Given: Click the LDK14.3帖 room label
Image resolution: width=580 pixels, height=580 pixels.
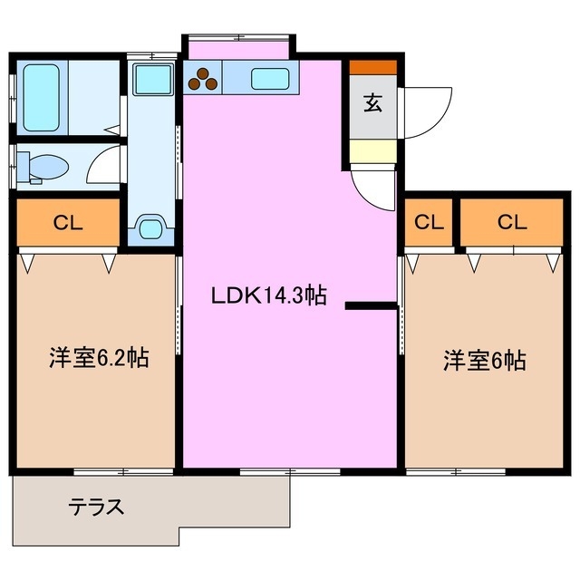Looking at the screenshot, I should [x=268, y=295].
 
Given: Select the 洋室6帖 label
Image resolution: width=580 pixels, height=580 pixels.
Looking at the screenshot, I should [x=484, y=360].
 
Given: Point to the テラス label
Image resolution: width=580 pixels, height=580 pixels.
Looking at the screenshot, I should [x=97, y=507].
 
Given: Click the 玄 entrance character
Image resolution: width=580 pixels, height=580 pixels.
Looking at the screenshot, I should [x=372, y=102].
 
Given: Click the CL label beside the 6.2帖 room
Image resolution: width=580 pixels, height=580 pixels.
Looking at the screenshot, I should [x=68, y=223].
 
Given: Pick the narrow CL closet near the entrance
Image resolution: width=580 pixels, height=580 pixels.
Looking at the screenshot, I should [x=430, y=222].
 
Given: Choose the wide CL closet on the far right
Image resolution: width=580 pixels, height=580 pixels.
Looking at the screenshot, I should [x=510, y=222].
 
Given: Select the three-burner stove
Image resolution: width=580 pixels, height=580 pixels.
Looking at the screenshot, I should [x=204, y=80].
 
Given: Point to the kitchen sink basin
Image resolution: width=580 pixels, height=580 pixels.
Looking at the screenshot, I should [x=270, y=79].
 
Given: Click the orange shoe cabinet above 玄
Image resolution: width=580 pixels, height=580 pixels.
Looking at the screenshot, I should [x=372, y=67].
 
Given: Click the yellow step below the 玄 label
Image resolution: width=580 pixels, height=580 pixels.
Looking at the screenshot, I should [x=372, y=150].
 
